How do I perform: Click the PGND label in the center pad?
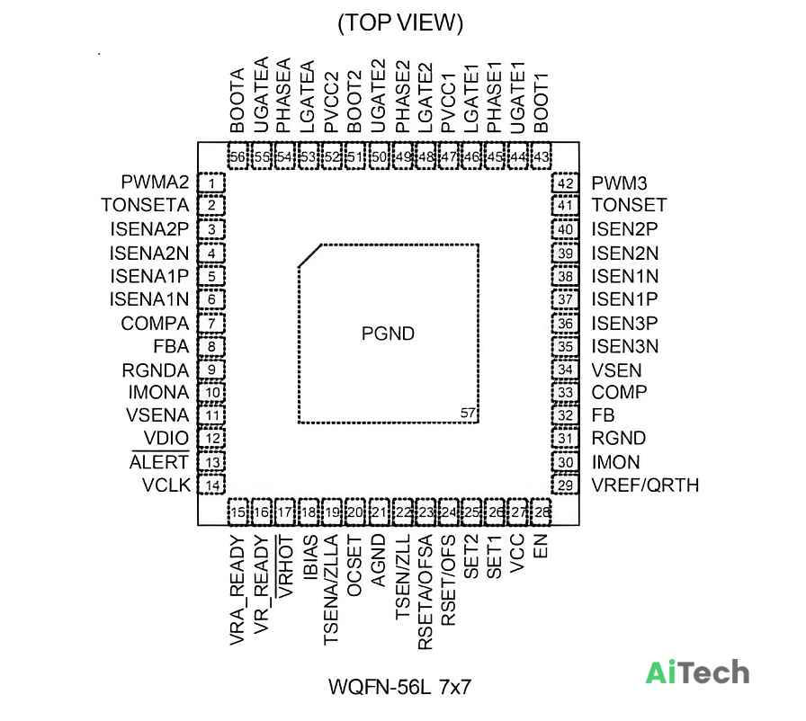[x=388, y=334]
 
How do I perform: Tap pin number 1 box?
[x=211, y=182]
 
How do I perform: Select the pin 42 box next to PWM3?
[x=565, y=183]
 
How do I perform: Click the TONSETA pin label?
[x=145, y=205]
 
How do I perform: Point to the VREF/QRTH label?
[x=645, y=485]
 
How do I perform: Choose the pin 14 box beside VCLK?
[x=211, y=485]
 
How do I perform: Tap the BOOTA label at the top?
[x=237, y=101]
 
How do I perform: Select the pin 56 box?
[x=238, y=156]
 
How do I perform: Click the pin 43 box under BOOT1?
[x=542, y=156]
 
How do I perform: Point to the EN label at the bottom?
[x=541, y=547]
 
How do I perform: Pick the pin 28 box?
[x=541, y=512]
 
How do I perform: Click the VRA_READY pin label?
[x=237, y=590]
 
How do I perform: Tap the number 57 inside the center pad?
[x=467, y=413]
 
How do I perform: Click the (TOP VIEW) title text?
[x=400, y=23]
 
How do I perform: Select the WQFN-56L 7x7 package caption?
[x=400, y=687]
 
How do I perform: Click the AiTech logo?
[x=697, y=672]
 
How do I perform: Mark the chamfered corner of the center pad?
[x=310, y=255]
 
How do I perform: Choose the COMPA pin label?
[x=155, y=324]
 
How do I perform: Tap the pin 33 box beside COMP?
[x=565, y=393]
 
